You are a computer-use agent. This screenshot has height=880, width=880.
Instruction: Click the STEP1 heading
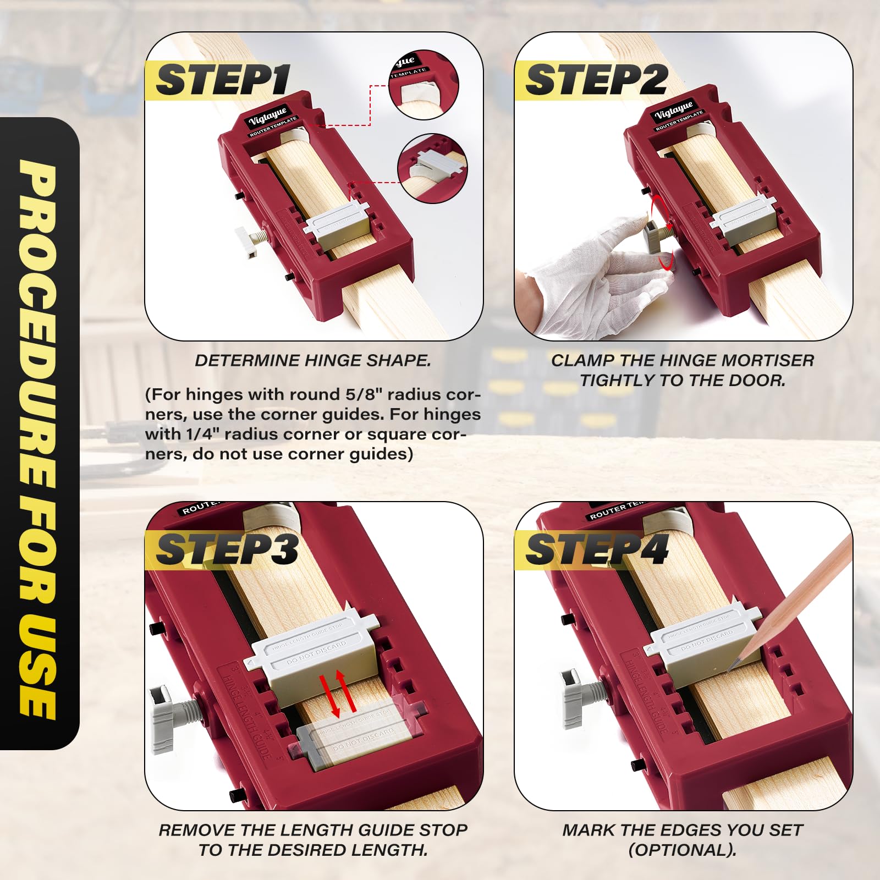pyautogui.click(x=222, y=80)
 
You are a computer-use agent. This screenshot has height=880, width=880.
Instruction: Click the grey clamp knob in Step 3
pyautogui.click(x=164, y=718)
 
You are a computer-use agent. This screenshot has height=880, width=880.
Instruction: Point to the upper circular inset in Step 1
pyautogui.click(x=424, y=85)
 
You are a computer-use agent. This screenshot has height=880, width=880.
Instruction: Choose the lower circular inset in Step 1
pyautogui.click(x=432, y=168)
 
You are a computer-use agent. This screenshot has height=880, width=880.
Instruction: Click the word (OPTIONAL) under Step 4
pyautogui.click(x=682, y=850)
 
